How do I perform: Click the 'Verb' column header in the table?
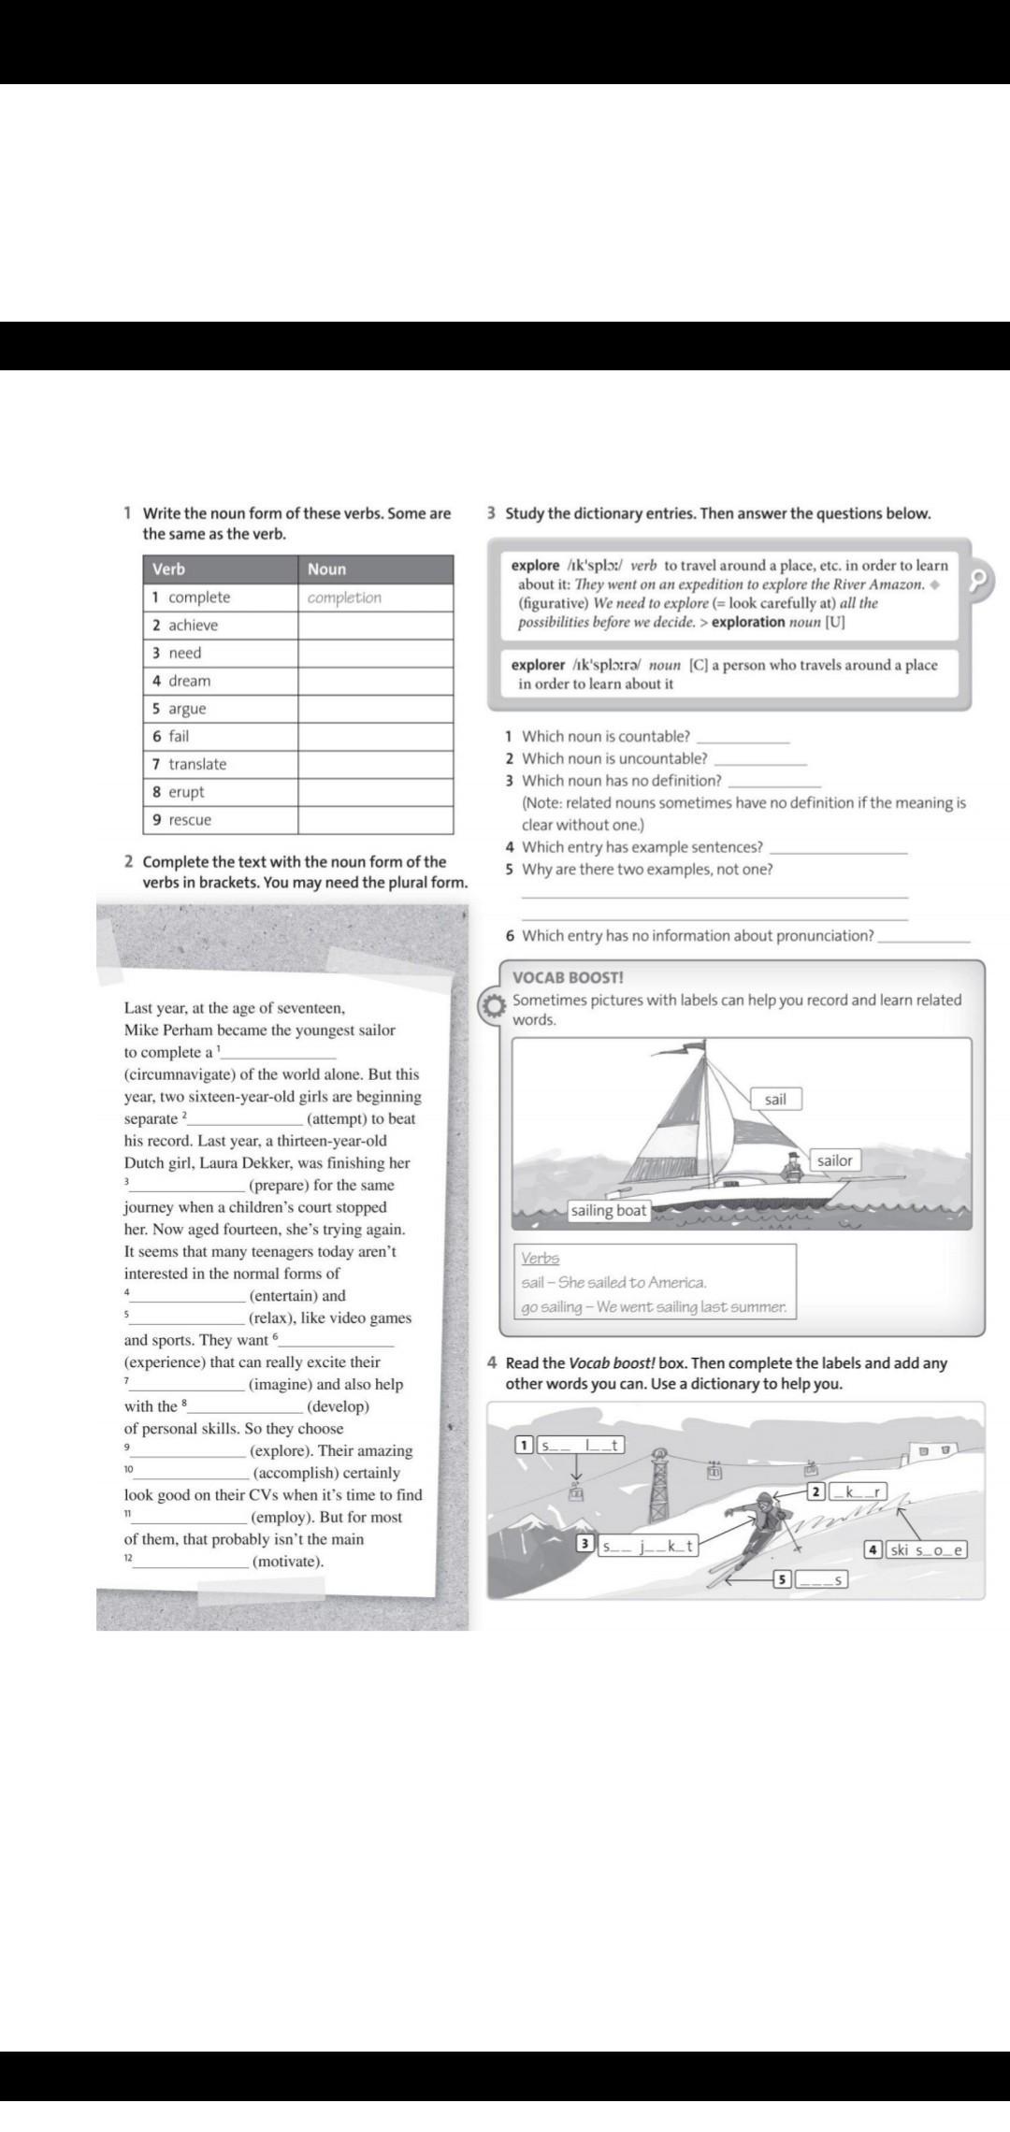point(169,569)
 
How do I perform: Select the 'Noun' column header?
point(326,569)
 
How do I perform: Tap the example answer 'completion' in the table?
point(344,598)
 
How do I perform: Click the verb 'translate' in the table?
point(197,764)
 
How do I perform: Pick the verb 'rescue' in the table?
point(190,820)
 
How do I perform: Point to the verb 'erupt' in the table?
point(186,792)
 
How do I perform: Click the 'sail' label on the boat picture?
point(775,1100)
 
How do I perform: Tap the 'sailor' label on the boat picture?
point(834,1160)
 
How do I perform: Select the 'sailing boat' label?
point(609,1211)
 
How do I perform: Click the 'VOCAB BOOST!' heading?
point(568,978)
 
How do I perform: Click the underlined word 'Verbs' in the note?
point(540,1259)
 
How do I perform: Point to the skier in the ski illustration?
point(759,1526)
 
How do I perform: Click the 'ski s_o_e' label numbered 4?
point(925,1549)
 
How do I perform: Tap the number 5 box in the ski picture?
point(784,1580)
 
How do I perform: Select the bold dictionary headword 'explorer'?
point(538,665)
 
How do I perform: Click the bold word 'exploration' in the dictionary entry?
point(748,622)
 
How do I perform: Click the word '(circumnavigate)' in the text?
point(177,1074)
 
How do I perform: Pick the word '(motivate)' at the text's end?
point(288,1562)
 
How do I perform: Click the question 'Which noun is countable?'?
point(606,737)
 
